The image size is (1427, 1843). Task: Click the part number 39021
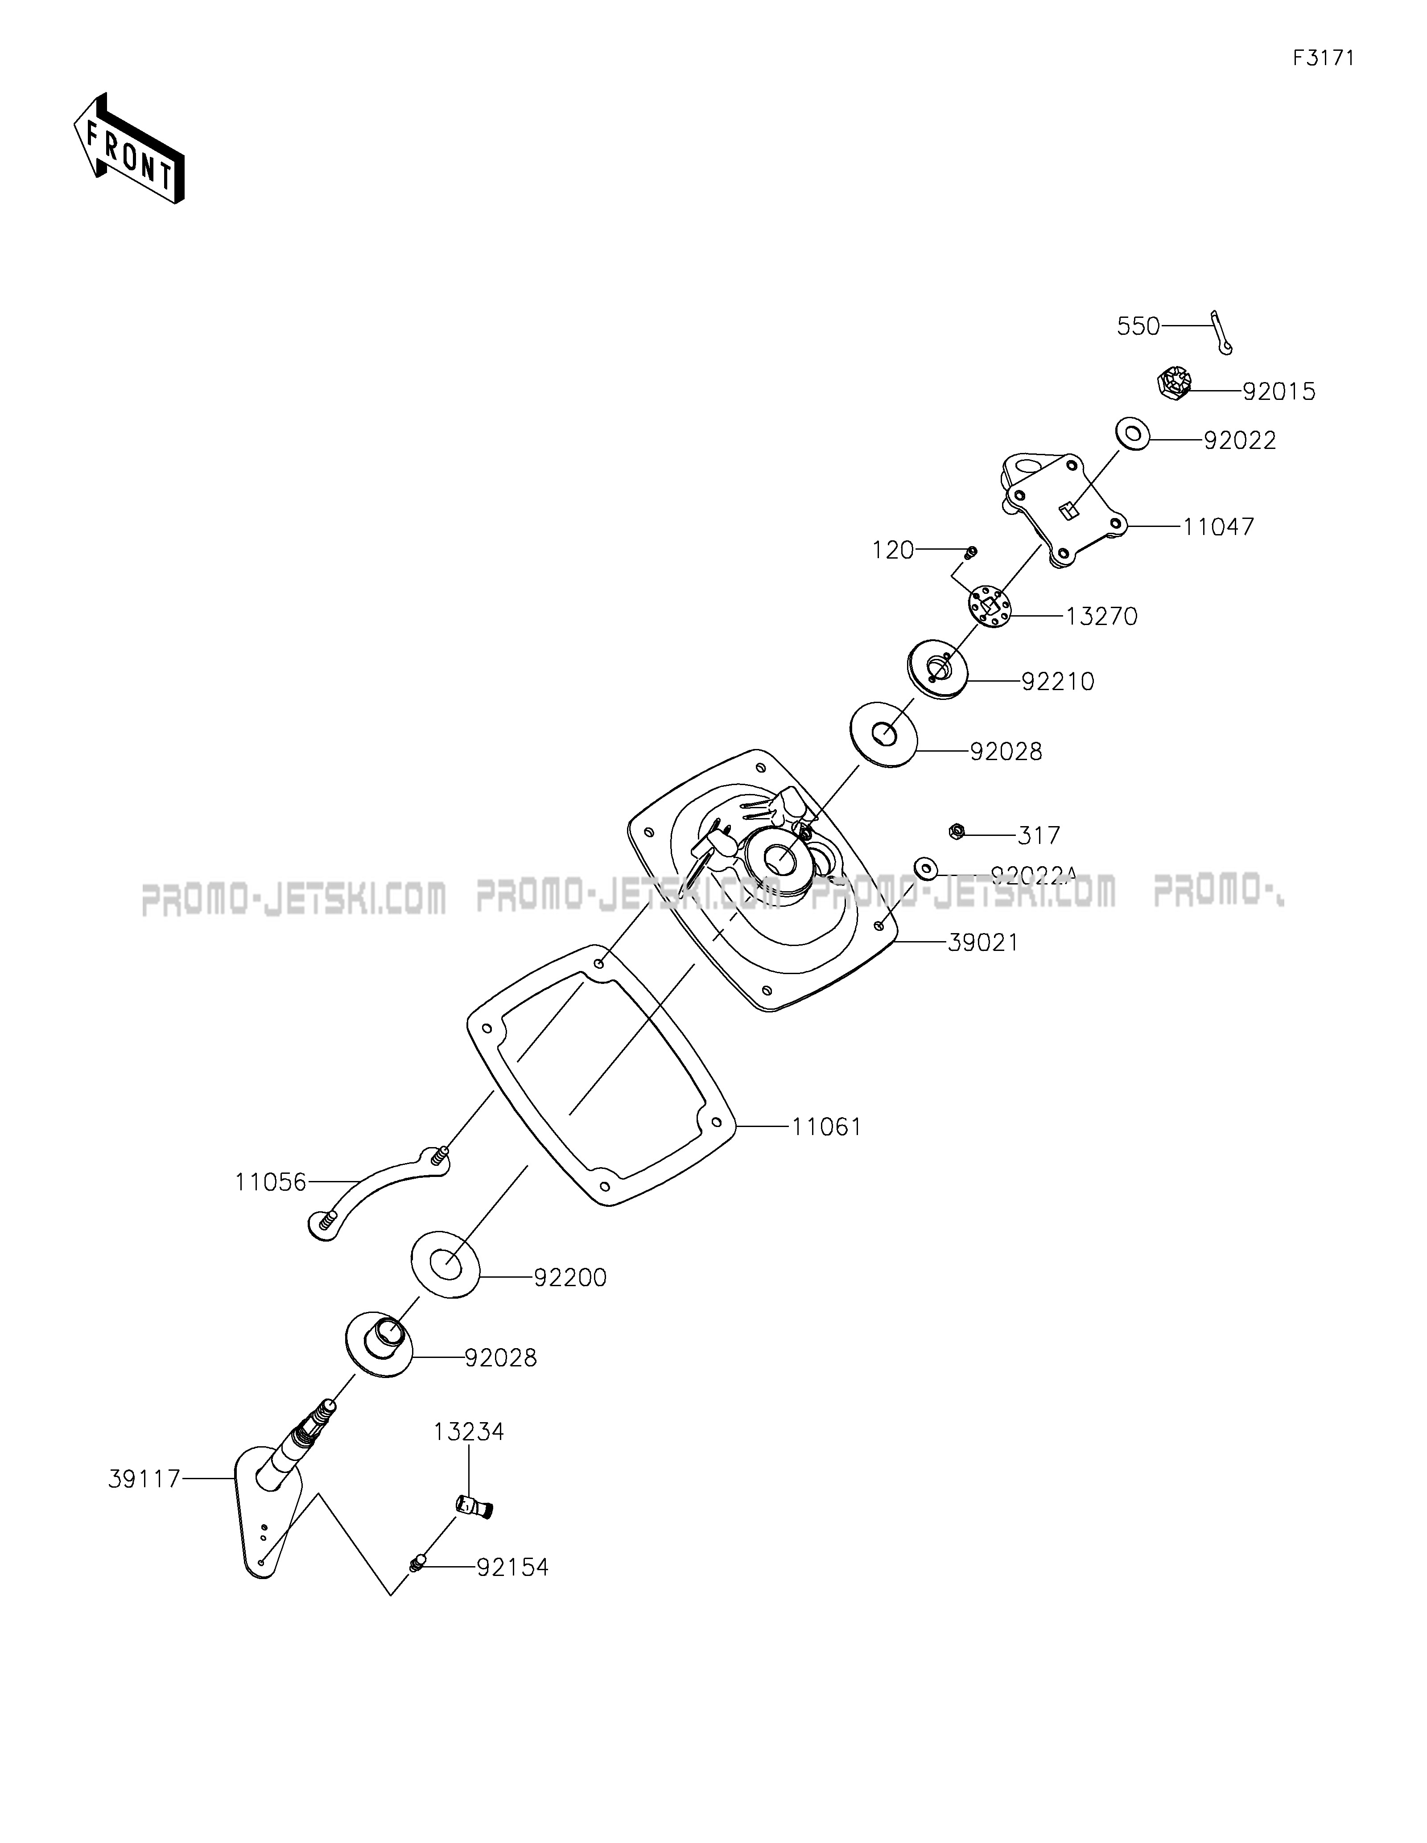(x=983, y=942)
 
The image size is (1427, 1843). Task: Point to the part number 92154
(x=512, y=1567)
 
